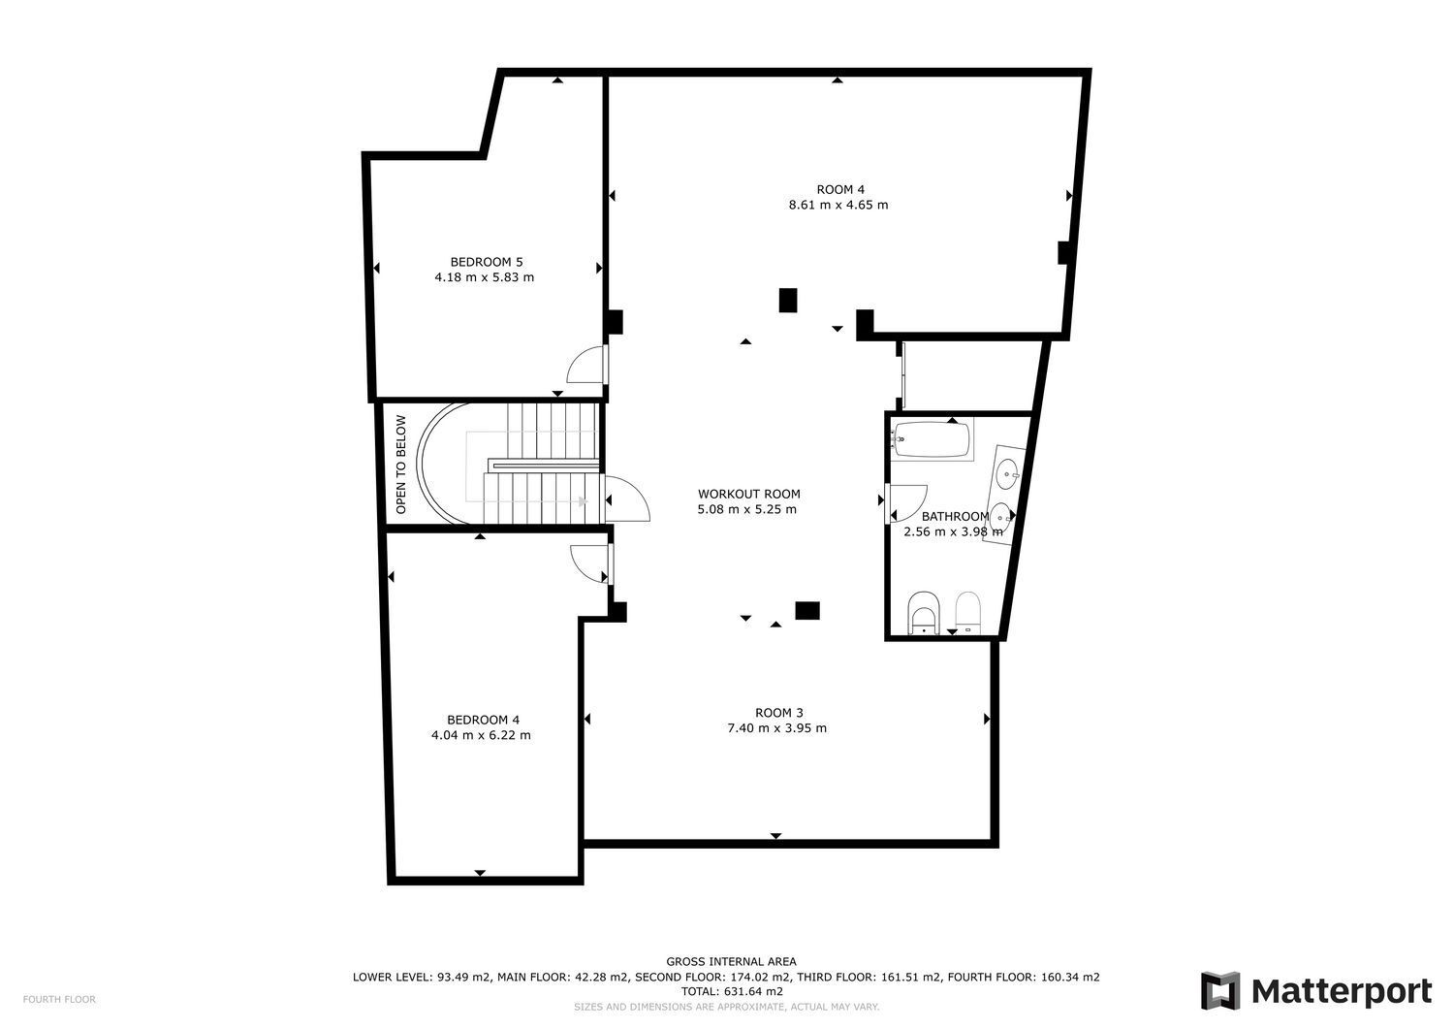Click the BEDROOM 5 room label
click(x=487, y=263)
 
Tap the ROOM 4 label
click(x=840, y=190)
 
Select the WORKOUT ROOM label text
click(x=749, y=495)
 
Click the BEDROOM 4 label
click(x=483, y=721)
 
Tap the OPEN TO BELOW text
click(x=400, y=465)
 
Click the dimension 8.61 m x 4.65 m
click(x=838, y=206)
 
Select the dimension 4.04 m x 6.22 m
click(x=481, y=735)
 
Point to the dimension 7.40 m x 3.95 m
click(x=777, y=728)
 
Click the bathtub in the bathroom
click(x=931, y=439)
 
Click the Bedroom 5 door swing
click(x=587, y=364)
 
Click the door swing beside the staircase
click(x=627, y=498)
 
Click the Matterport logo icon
click(x=1219, y=990)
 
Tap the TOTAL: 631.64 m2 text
click(x=732, y=991)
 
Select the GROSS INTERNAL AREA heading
click(x=731, y=961)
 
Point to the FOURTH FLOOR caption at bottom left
click(x=59, y=999)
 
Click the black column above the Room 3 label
click(x=807, y=611)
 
